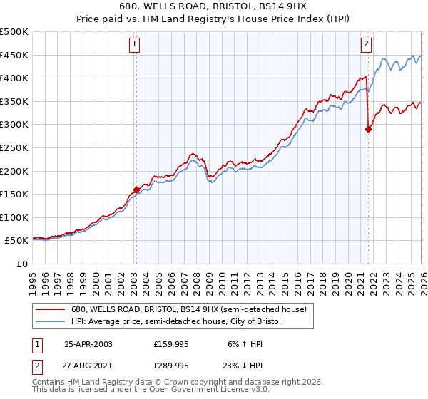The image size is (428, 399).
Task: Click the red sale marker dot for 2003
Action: (x=136, y=190)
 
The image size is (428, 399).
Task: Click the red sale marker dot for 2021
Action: (x=369, y=129)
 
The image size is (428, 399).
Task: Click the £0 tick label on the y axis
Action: (x=21, y=264)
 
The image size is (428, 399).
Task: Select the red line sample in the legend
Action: (x=51, y=310)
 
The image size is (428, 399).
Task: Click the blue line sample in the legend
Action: (x=51, y=322)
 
